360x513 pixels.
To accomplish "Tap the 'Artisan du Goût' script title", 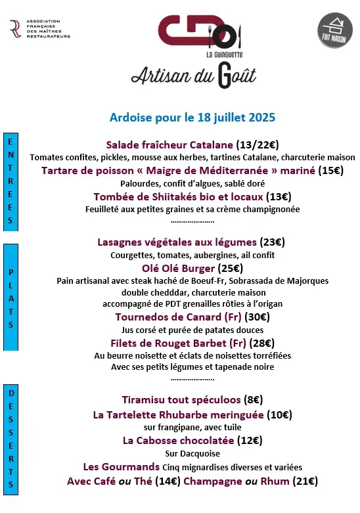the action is tap(193, 74).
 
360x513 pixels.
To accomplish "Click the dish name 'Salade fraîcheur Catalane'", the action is tap(169, 145).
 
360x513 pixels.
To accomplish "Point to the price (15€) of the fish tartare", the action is tap(331, 170).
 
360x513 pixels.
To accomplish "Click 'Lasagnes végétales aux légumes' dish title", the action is tap(177, 242).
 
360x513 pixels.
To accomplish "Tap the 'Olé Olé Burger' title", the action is tap(178, 268).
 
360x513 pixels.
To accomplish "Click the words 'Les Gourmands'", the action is tap(122, 466).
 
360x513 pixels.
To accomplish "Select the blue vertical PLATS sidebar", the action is tap(11, 297).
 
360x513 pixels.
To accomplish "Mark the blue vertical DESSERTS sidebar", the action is tap(11, 439).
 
